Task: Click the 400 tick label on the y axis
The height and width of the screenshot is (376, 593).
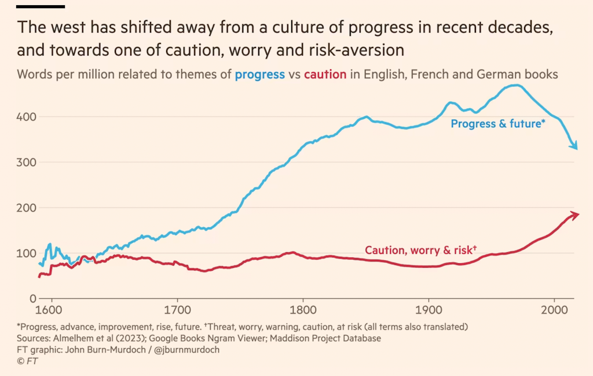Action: (27, 117)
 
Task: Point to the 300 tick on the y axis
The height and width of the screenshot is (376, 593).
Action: (27, 163)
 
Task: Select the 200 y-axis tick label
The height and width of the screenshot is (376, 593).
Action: (27, 208)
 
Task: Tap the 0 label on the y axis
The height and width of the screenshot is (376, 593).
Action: (33, 298)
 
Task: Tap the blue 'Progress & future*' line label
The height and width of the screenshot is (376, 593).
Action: (498, 123)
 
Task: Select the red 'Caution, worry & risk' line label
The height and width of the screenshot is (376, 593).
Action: (420, 250)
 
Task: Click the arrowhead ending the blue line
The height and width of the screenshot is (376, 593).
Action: (574, 145)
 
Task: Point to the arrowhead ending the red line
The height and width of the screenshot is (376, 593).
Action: (574, 215)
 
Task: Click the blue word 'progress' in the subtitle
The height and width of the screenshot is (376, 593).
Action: (259, 74)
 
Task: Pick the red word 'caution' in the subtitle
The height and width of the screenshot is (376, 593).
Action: (325, 74)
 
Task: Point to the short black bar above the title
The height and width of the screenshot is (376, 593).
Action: (41, 7)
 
